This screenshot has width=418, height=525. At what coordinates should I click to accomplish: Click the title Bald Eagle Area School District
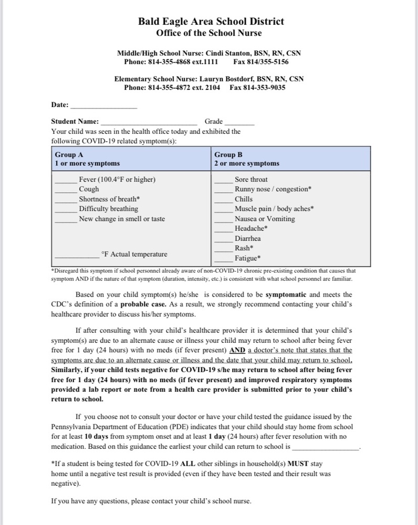pyautogui.click(x=211, y=22)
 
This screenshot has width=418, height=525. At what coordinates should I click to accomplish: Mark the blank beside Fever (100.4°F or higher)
pyautogui.click(x=66, y=181)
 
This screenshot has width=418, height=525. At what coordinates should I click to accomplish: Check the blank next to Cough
pyautogui.click(x=66, y=191)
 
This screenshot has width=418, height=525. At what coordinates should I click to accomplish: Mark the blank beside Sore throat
pyautogui.click(x=223, y=181)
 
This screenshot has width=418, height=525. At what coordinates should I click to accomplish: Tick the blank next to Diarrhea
pyautogui.click(x=223, y=240)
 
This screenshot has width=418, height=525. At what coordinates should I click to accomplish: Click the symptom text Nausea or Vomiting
pyautogui.click(x=265, y=219)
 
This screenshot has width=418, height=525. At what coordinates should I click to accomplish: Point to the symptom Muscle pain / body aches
pyautogui.click(x=273, y=209)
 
